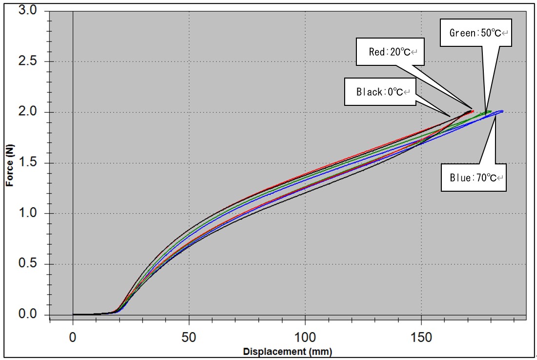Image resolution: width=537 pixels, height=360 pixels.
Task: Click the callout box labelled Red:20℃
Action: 390,52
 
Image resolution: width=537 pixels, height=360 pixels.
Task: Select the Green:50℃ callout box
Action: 476,33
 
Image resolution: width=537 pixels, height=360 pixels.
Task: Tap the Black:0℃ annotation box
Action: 380,91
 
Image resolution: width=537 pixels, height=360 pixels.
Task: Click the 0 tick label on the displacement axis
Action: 73,336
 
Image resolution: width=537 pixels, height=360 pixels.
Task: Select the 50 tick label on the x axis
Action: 189,336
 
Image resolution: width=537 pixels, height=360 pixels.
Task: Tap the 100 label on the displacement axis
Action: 305,336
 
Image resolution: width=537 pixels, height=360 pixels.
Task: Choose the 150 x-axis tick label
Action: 421,336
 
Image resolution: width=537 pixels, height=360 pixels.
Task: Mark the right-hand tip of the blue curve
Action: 502,111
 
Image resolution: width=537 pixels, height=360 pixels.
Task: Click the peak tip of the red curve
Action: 473,111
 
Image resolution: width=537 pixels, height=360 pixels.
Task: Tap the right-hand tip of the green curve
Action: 490,112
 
